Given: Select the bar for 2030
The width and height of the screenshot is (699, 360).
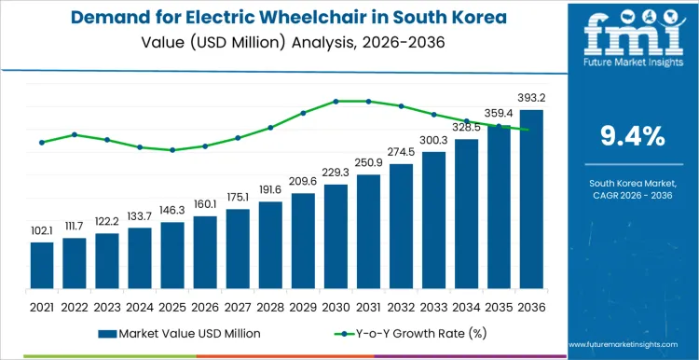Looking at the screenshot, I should click(336, 237).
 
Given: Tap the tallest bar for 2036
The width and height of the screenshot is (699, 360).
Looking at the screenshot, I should click(531, 200).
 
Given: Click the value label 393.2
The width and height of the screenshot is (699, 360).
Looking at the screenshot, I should click(531, 97).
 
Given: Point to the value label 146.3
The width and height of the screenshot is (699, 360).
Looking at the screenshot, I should click(172, 211).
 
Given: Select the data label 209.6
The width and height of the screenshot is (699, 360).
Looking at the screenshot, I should click(303, 181).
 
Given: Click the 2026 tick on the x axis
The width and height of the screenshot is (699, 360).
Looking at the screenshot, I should click(205, 305).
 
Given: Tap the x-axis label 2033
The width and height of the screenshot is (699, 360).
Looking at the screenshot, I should click(433, 305).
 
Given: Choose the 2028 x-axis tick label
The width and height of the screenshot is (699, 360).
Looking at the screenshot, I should click(270, 305).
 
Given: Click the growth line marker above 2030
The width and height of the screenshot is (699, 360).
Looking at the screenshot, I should click(336, 101).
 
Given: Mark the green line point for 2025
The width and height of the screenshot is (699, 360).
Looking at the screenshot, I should click(172, 150).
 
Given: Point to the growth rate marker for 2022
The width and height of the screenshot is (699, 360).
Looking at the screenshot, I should click(75, 134).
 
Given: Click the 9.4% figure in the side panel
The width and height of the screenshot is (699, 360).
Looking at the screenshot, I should click(632, 136).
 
